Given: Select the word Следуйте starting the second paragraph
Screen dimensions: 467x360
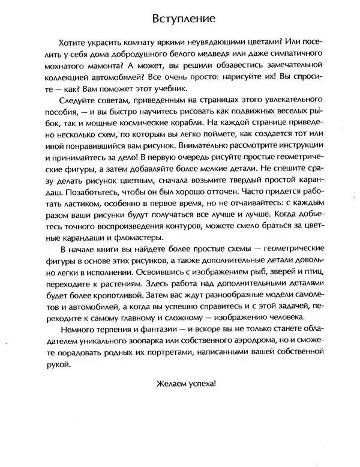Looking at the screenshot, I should coord(80,103).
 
